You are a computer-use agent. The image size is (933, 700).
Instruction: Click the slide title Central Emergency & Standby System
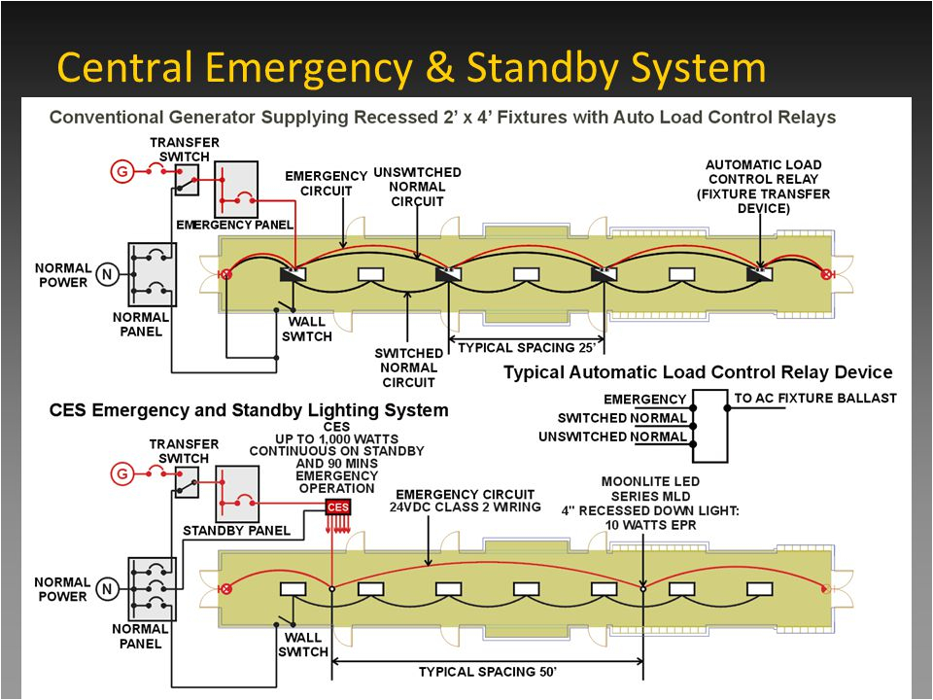click(x=411, y=68)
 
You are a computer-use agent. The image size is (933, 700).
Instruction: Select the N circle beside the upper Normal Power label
click(x=107, y=275)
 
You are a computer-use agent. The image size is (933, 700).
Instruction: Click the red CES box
click(x=337, y=507)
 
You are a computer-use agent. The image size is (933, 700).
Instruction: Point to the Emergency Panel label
click(x=234, y=225)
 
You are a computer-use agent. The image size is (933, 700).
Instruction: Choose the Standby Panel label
click(x=236, y=531)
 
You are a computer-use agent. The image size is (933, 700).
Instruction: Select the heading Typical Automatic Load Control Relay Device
click(x=697, y=372)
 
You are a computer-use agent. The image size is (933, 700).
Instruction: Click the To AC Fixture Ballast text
click(x=814, y=398)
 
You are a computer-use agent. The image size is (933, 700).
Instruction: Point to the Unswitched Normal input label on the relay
click(x=611, y=437)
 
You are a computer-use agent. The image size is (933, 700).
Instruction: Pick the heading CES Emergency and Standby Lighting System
click(x=249, y=410)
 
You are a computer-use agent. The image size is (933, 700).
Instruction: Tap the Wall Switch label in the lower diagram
click(x=303, y=645)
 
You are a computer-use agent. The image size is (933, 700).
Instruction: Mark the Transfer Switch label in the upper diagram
click(x=184, y=149)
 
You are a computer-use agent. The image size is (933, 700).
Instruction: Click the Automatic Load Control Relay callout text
click(x=763, y=187)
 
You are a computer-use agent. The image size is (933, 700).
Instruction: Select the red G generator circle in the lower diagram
click(x=122, y=474)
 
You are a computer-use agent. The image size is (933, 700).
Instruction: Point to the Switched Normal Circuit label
click(x=408, y=368)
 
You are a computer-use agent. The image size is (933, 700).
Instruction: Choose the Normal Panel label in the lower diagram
click(x=140, y=636)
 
